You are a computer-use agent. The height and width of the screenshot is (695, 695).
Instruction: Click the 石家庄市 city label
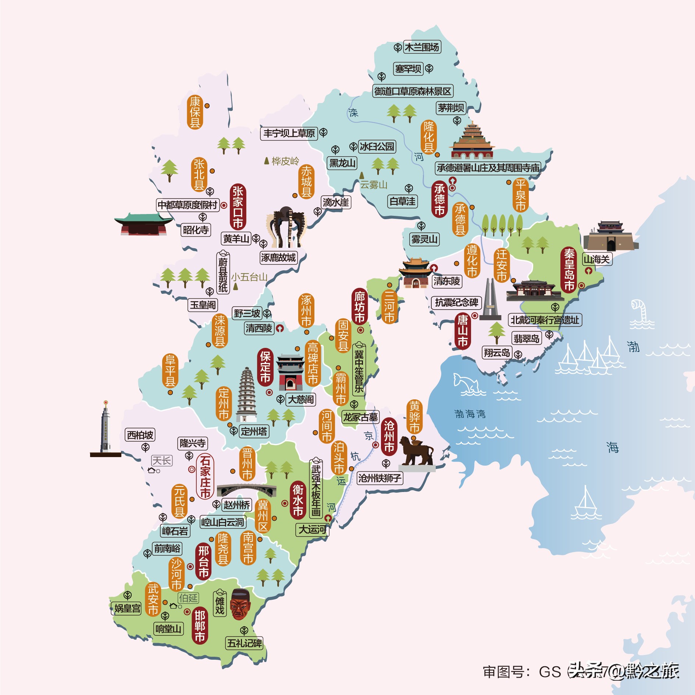coord(205,477)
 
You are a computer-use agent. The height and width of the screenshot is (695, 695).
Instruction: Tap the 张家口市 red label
coord(238,207)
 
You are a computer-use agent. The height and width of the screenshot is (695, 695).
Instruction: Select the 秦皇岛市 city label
coord(569,270)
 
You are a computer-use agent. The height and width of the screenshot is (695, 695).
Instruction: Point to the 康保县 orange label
coord(195,112)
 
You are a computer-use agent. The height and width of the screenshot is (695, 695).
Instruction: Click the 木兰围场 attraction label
coord(422,47)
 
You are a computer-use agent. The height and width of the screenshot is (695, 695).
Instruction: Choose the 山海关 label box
coord(596,259)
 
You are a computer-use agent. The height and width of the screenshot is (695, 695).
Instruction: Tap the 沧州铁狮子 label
coord(379,478)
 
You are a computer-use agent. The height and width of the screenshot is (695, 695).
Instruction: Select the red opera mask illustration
coord(240,605)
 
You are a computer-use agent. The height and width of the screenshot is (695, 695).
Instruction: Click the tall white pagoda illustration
coord(247,395)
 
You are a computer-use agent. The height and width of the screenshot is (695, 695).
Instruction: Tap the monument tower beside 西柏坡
coord(106,428)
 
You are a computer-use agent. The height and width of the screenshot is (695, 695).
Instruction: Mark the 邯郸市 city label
coord(200,626)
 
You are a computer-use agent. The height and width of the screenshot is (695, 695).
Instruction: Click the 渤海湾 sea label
coord(470,414)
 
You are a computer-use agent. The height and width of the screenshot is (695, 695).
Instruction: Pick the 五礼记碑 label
coord(245,643)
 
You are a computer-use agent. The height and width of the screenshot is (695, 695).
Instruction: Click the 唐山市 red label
coord(463,331)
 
